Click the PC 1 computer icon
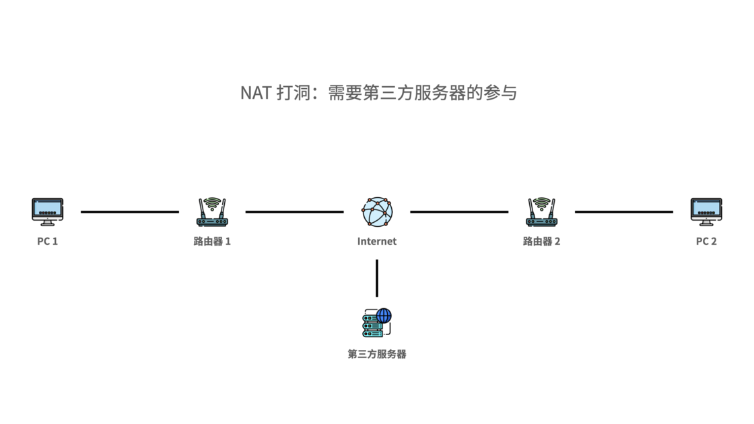point(47,211)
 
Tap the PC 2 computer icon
point(706,211)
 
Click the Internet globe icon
point(377,211)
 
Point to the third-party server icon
point(376,324)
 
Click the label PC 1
point(47,241)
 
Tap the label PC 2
point(706,241)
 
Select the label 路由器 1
point(212,241)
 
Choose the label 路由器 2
point(541,241)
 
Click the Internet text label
point(377,241)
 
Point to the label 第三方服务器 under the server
point(377,354)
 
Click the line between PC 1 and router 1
point(130,212)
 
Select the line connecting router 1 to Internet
point(294,212)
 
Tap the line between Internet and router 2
point(459,212)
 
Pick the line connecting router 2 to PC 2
point(623,212)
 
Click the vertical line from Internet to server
point(377,277)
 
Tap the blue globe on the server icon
point(384,316)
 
